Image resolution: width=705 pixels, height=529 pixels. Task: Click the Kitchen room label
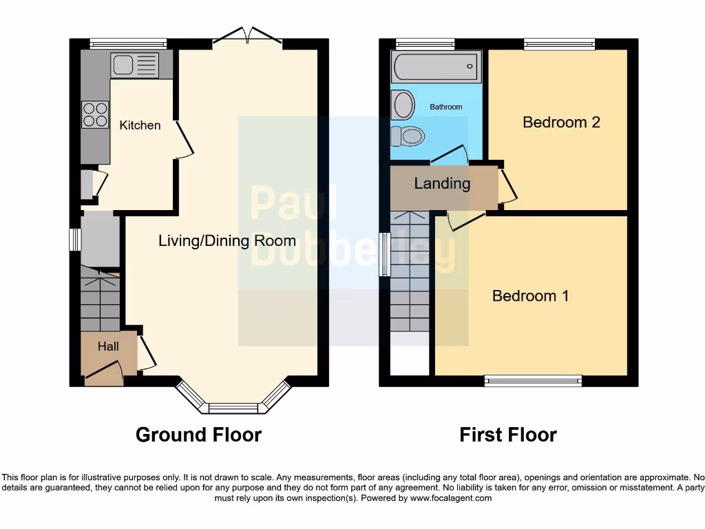pyautogui.click(x=140, y=125)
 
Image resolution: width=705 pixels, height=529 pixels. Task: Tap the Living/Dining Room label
pyautogui.click(x=227, y=241)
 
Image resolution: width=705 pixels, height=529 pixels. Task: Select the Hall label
pyautogui.click(x=108, y=346)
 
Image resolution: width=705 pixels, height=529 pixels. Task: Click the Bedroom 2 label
pyautogui.click(x=561, y=123)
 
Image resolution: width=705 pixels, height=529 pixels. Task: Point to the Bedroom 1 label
pyautogui.click(x=530, y=296)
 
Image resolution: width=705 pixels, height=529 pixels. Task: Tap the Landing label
pyautogui.click(x=442, y=184)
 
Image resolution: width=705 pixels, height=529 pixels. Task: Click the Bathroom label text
pyautogui.click(x=445, y=107)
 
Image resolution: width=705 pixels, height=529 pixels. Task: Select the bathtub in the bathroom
pyautogui.click(x=434, y=68)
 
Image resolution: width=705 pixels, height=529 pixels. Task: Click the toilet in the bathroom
pyautogui.click(x=406, y=136)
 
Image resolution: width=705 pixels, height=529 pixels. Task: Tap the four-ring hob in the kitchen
pyautogui.click(x=95, y=114)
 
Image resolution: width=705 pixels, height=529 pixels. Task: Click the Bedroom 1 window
pyautogui.click(x=533, y=380)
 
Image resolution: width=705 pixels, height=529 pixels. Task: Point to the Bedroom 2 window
pyautogui.click(x=558, y=45)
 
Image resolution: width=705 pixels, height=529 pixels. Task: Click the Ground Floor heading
pyautogui.click(x=198, y=435)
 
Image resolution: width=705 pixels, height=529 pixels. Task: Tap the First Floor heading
pyautogui.click(x=508, y=435)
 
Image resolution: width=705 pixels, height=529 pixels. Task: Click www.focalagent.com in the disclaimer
pyautogui.click(x=451, y=498)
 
